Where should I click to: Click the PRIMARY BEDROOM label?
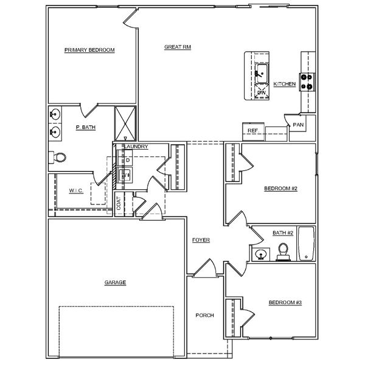(90, 50)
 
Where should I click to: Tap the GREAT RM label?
(178, 47)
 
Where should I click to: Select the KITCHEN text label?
(285, 84)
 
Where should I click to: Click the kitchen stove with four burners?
(308, 81)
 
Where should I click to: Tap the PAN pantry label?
(298, 125)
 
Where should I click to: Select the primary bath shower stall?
(126, 123)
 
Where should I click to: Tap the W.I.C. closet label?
(76, 190)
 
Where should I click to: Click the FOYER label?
(201, 240)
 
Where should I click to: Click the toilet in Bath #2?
(283, 251)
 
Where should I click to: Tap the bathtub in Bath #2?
(305, 243)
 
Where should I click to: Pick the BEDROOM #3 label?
(285, 302)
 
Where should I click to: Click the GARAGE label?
(115, 283)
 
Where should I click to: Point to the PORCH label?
(204, 315)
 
